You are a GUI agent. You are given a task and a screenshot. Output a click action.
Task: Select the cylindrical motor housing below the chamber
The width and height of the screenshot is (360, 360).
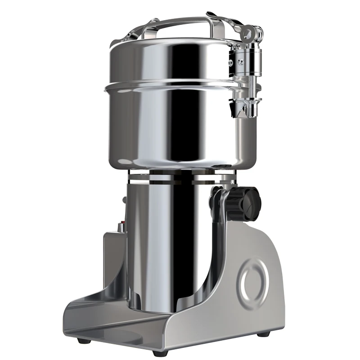tap(171, 243)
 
